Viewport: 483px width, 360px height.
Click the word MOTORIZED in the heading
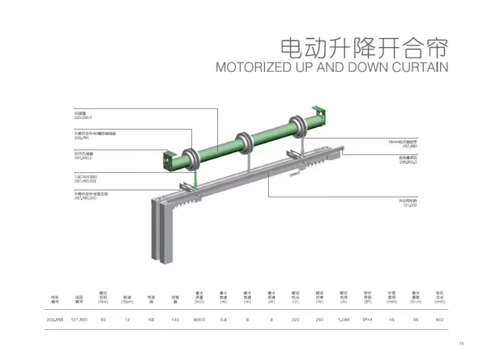click(x=254, y=66)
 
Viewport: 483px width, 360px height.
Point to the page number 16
click(x=461, y=344)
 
